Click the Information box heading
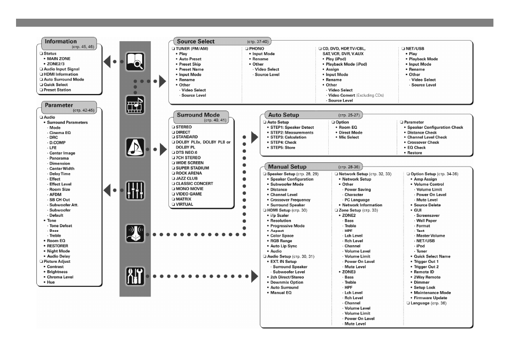pyautogui.click(x=61, y=41)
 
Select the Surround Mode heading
pyautogui.click(x=198, y=115)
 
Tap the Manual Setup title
pyautogui.click(x=287, y=167)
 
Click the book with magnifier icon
pyautogui.click(x=135, y=61)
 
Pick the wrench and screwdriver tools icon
pyautogui.click(x=135, y=276)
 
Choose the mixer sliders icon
pyautogui.click(x=135, y=190)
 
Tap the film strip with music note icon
pyautogui.click(x=135, y=105)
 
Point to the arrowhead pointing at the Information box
pyautogui.click(x=107, y=61)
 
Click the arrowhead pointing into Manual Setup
pyautogui.click(x=254, y=276)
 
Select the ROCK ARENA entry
pyautogui.click(x=189, y=173)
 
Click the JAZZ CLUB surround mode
pyautogui.click(x=187, y=178)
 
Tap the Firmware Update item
pyautogui.click(x=430, y=298)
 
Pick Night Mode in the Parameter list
pyautogui.click(x=58, y=251)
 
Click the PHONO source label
pyautogui.click(x=257, y=49)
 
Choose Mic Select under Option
pyautogui.click(x=349, y=137)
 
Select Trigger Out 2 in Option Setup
pyautogui.click(x=426, y=267)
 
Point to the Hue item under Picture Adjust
pyautogui.click(x=51, y=283)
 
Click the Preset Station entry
pyautogui.click(x=57, y=90)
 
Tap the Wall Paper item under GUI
pyautogui.click(x=427, y=221)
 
